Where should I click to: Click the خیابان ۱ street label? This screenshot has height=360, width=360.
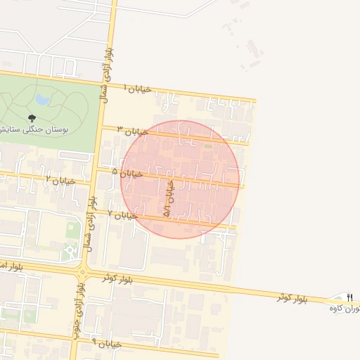[x=138, y=89]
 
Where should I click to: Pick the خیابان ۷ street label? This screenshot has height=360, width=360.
[x=123, y=214]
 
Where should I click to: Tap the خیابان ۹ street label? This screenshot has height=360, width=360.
[x=107, y=344]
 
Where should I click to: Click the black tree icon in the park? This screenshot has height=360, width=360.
[x=30, y=118]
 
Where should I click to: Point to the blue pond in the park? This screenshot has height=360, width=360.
[x=42, y=99]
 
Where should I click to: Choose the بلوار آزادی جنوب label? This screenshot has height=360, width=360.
[x=78, y=309]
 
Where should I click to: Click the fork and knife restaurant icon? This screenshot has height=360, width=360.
[x=349, y=298]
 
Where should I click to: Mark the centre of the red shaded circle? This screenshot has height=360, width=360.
[x=180, y=179]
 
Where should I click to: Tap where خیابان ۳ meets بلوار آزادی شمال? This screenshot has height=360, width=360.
[x=101, y=127]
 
